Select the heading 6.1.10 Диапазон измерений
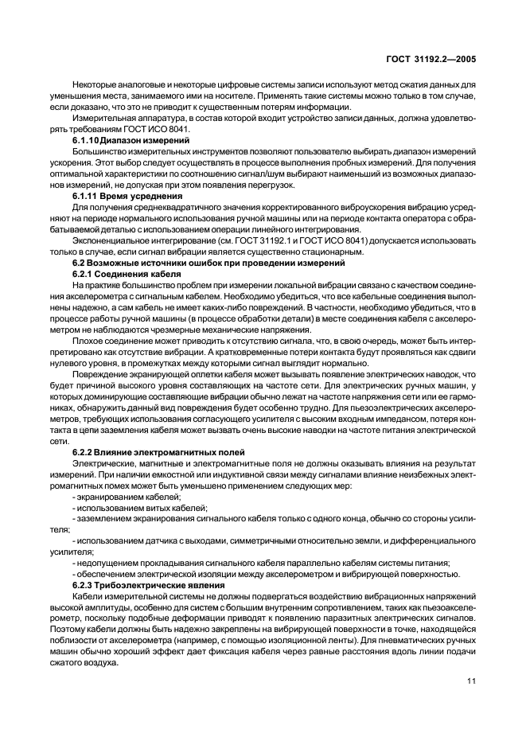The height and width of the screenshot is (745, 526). click(130, 139)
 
